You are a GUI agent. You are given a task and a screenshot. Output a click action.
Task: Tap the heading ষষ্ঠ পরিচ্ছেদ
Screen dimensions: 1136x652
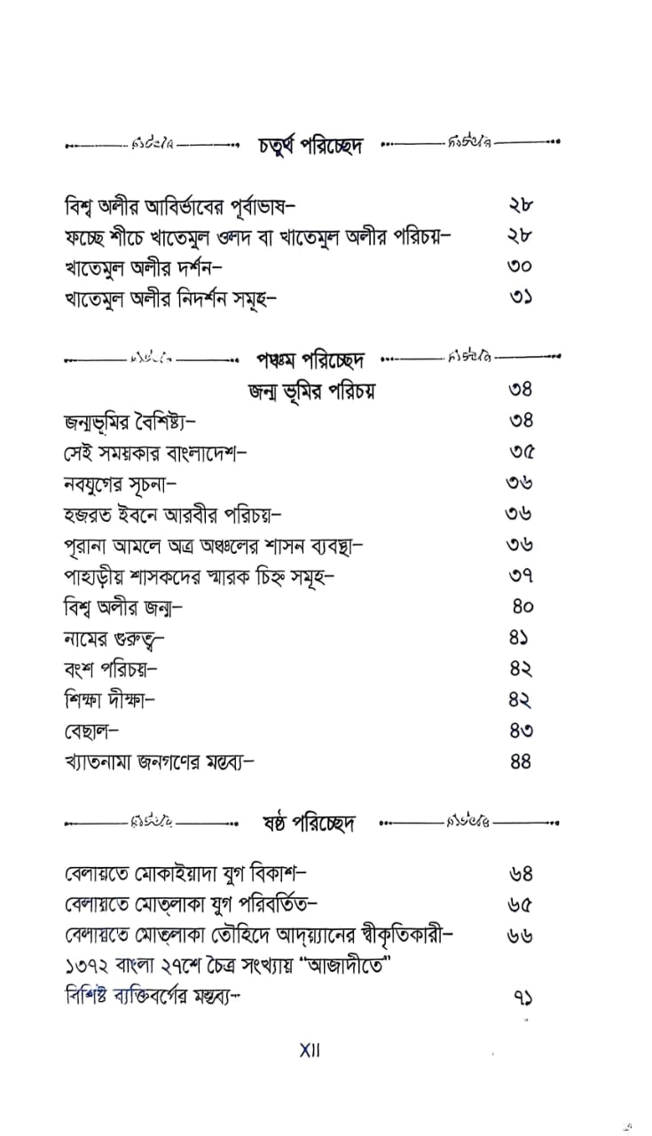click(x=310, y=823)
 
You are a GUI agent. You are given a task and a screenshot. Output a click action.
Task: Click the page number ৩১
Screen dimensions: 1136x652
click(x=522, y=299)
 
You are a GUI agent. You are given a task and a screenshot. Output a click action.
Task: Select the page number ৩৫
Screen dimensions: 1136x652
click(x=522, y=452)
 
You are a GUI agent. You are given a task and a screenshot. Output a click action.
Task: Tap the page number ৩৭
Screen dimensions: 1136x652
click(x=522, y=575)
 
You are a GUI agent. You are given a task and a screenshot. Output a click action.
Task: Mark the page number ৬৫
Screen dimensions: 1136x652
click(x=522, y=903)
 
